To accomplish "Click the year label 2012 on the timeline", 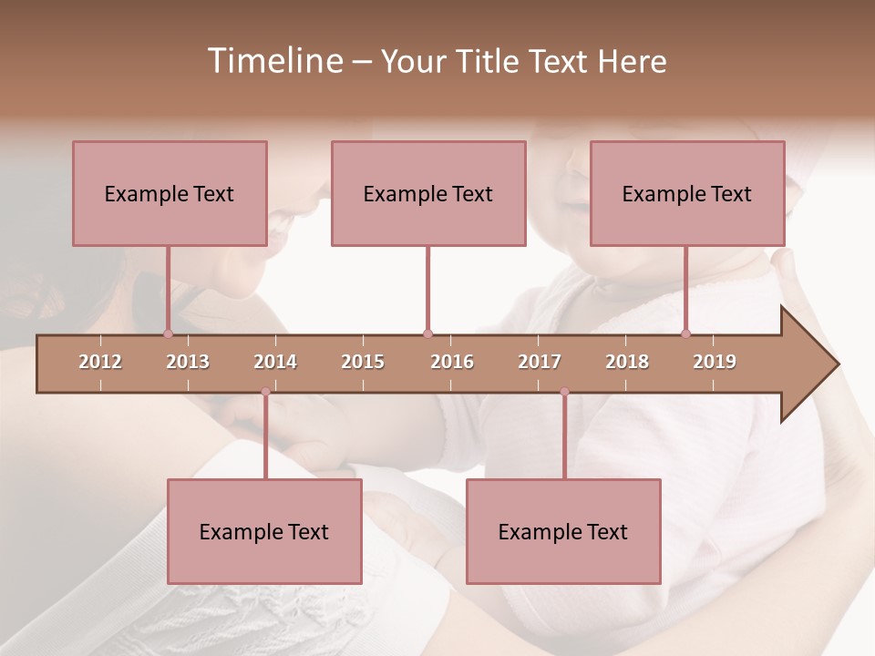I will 100,362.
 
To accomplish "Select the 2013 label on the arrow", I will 188,362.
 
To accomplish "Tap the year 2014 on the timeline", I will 275,362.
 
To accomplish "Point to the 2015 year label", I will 363,362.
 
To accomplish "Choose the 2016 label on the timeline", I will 452,362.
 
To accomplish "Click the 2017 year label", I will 540,362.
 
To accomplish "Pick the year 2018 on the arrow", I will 627,362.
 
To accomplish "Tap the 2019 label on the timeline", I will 715,362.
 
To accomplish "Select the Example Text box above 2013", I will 170,193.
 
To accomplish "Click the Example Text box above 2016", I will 428,193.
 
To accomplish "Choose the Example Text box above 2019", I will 687,193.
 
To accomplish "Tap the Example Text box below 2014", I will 264,531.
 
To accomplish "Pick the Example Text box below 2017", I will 563,531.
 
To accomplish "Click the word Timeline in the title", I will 273,61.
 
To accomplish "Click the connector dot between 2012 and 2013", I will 168,334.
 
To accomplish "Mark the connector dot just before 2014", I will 265,392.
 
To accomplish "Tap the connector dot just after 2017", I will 564,392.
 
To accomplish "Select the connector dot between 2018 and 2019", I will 685,334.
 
